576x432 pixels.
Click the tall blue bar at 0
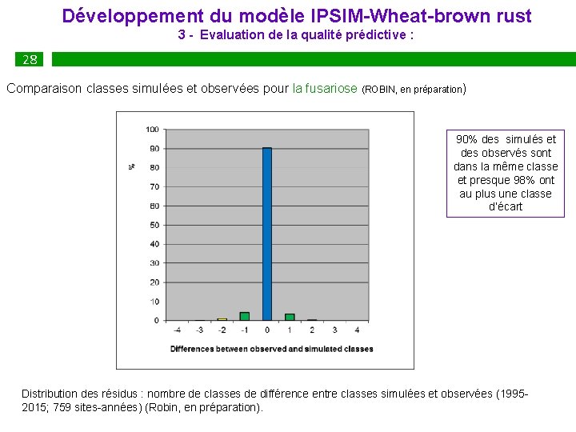point(267,234)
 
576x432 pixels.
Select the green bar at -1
point(245,316)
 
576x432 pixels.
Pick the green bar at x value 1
point(290,317)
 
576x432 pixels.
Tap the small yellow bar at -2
point(222,319)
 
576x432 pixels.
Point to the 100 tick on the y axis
point(152,130)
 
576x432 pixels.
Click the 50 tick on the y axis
point(154,225)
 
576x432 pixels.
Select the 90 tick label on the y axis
point(154,149)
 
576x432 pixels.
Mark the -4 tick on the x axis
point(178,330)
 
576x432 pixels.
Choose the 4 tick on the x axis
point(357,330)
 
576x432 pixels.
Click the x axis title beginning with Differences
point(271,349)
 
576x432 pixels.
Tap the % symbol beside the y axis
point(131,166)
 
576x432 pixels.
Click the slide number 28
point(30,60)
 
